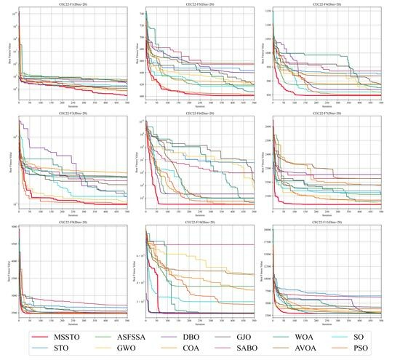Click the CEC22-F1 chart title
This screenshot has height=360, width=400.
(x=73, y=4)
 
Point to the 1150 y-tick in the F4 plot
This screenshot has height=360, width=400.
(x=268, y=11)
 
